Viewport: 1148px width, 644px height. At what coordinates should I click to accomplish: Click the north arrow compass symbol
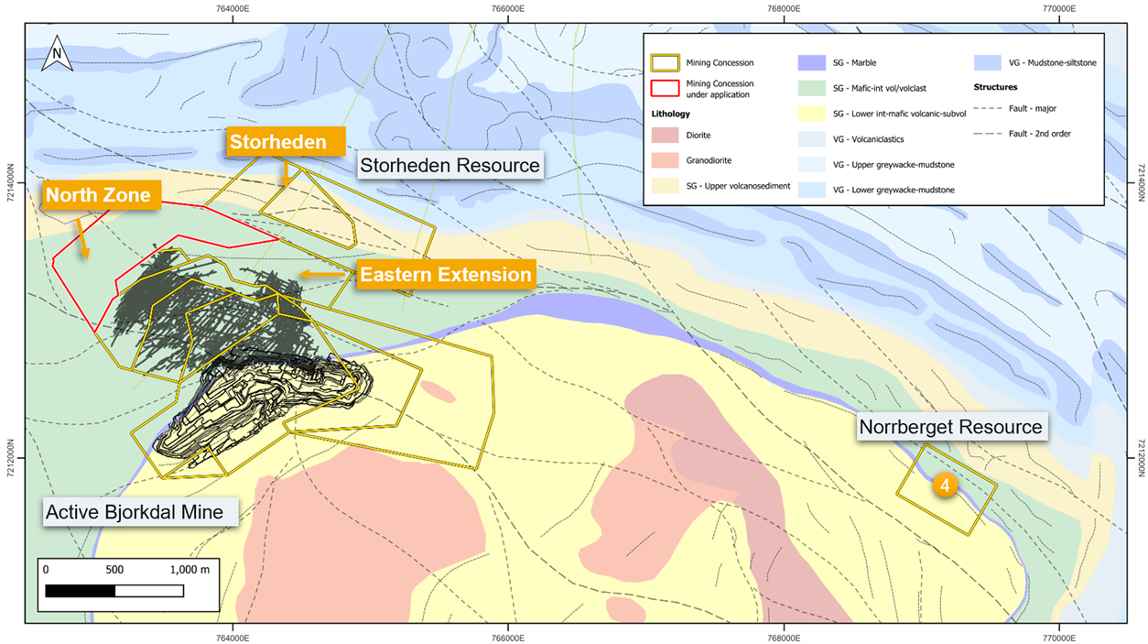coord(58,52)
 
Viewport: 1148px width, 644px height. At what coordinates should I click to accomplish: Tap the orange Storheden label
coord(278,142)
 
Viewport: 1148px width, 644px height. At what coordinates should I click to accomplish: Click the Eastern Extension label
coord(445,275)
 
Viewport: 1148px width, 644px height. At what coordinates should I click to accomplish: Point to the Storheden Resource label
coord(449,166)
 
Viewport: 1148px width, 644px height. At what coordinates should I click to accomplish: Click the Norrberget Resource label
coord(949,427)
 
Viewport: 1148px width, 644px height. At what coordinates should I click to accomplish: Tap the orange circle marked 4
coord(945,485)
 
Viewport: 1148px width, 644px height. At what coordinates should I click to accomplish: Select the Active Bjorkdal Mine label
coord(135,512)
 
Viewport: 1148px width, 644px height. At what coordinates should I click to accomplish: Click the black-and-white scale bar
coord(114,591)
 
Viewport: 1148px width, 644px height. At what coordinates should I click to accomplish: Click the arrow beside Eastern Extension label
coord(320,274)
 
